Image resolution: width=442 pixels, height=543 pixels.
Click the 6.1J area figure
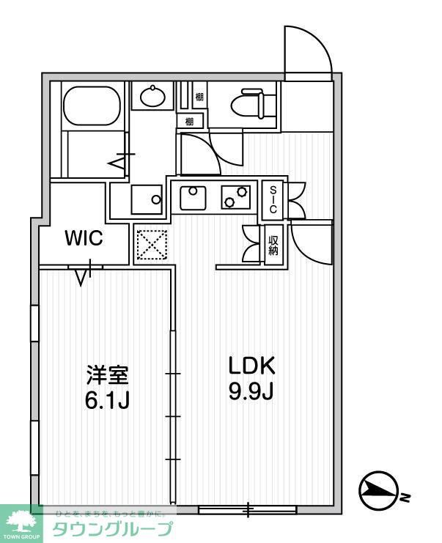click(107, 401)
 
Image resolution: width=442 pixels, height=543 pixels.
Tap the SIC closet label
click(273, 199)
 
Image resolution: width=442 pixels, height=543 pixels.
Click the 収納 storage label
click(273, 245)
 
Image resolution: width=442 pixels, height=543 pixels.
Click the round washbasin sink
click(152, 96)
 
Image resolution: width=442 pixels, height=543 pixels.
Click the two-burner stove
click(235, 196)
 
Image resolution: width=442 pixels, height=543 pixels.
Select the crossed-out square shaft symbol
click(152, 245)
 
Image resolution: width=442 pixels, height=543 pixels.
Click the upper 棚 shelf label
click(200, 96)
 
